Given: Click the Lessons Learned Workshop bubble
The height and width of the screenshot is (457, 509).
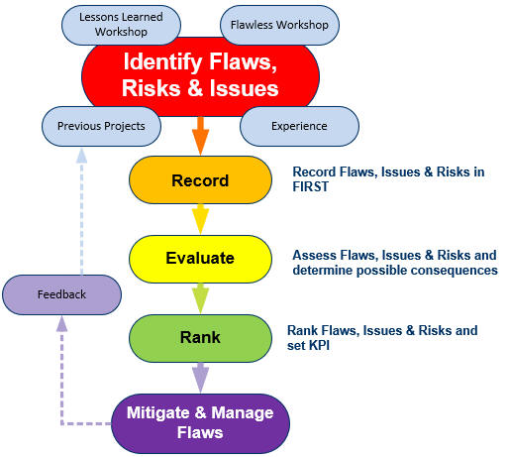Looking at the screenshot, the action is (x=121, y=25).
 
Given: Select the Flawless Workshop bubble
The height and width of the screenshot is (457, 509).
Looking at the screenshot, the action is (x=279, y=25).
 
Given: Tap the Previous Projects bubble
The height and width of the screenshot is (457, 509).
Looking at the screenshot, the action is (x=101, y=126).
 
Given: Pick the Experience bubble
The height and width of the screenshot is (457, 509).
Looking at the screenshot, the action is (x=299, y=126).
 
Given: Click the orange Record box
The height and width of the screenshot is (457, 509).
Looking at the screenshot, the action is (x=200, y=180).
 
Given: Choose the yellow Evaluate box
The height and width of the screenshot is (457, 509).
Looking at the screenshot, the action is (x=200, y=259).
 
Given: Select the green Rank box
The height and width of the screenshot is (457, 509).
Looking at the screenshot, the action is (x=200, y=338).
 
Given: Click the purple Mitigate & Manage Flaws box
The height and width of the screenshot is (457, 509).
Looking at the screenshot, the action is (x=200, y=423).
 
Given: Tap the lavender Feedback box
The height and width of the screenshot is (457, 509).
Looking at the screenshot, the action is (x=61, y=294).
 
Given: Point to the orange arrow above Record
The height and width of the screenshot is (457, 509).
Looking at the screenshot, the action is (x=200, y=136).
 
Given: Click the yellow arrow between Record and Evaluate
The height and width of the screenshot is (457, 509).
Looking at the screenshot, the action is (x=200, y=219).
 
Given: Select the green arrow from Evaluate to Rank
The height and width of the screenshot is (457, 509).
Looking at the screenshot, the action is (x=200, y=298).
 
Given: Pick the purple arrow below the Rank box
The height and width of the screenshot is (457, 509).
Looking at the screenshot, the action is (x=200, y=378).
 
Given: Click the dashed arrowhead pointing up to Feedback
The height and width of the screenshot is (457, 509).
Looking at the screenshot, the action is (x=61, y=324).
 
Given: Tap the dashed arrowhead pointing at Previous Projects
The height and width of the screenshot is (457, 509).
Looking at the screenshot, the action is (x=81, y=156).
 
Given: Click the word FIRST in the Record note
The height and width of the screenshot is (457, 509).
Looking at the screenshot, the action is (x=311, y=186).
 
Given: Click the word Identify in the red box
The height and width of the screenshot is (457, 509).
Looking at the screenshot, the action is (x=162, y=62).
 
